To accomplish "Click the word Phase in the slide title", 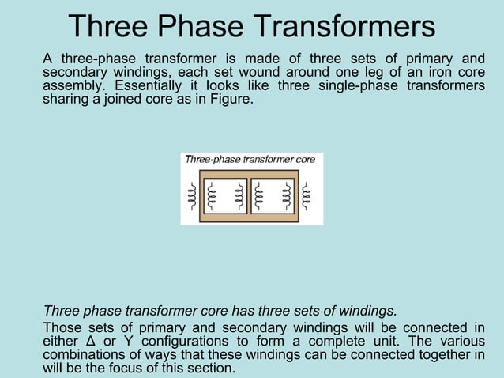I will coord(200,25).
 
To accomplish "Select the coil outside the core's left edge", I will coord(191,196).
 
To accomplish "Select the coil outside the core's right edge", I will coord(308,196).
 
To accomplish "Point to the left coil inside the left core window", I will coord(211,196).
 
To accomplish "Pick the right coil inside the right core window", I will coord(288,196).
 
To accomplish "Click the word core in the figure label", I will coord(305,160).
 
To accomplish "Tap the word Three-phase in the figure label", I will coord(211,160).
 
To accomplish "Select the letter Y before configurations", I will coord(128,342).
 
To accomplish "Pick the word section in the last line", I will coord(211,369).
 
